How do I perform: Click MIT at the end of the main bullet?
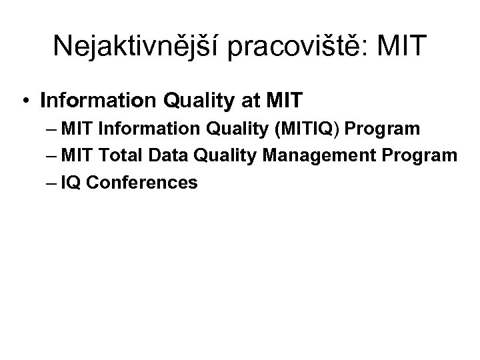click(285, 101)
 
